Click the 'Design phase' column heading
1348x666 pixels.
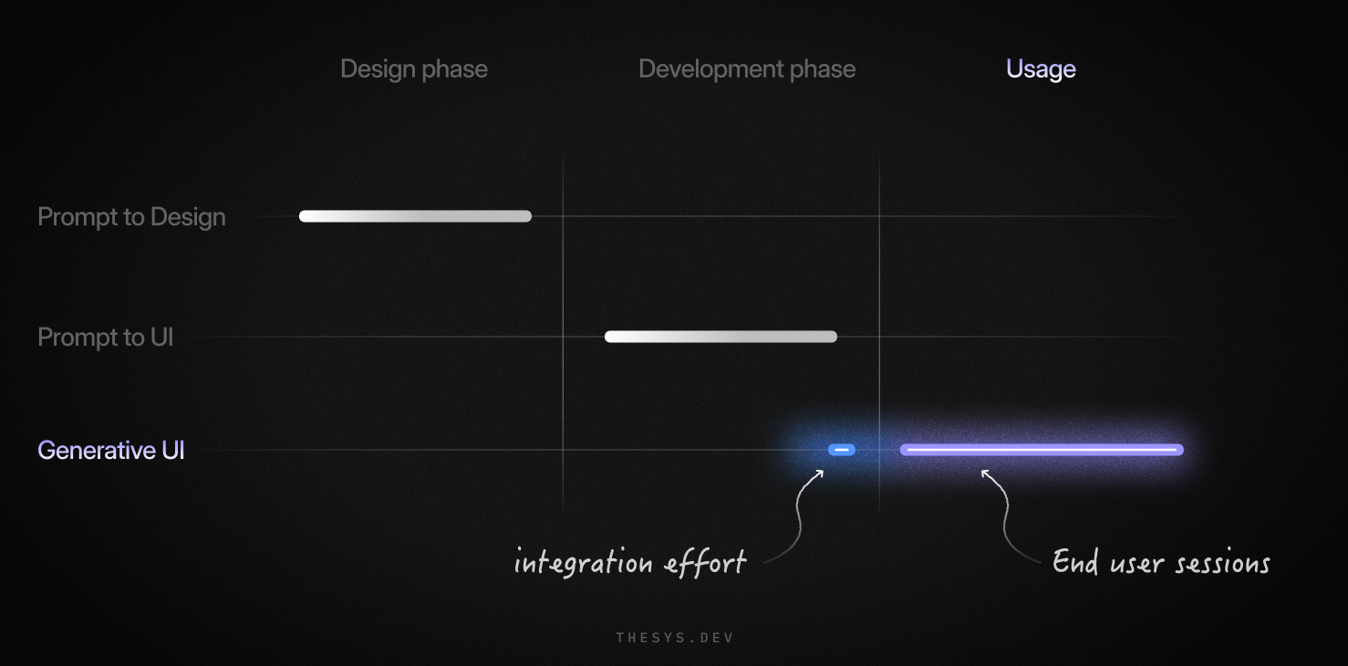point(414,69)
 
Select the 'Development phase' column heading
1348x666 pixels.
point(747,69)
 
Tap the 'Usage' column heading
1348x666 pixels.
point(1041,69)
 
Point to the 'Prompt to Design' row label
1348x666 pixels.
point(131,217)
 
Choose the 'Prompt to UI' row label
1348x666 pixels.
point(105,338)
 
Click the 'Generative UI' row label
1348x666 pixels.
point(110,451)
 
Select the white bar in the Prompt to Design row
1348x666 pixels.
point(415,216)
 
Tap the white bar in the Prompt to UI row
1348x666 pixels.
point(721,337)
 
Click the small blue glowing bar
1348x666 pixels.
point(841,450)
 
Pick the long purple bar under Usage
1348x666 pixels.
point(1042,450)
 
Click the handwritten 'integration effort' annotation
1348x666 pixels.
point(630,562)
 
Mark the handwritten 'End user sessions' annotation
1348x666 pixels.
point(1161,562)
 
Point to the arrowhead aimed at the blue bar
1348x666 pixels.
point(818,473)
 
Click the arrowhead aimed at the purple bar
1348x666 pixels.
point(986,474)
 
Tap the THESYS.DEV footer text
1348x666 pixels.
point(675,638)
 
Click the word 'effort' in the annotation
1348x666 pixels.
point(705,562)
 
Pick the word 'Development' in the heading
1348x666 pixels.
point(710,69)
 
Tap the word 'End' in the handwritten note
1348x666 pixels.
point(1075,560)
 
